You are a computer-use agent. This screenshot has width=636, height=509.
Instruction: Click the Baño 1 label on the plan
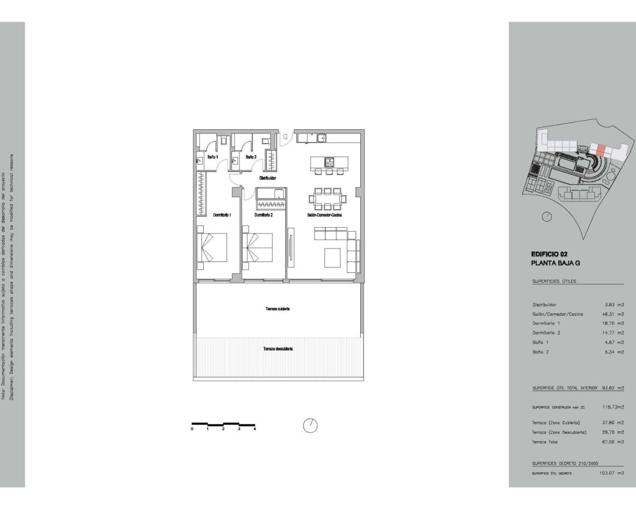pyautogui.click(x=212, y=157)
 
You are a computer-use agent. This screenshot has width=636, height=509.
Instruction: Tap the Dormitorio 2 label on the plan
pyautogui.click(x=263, y=215)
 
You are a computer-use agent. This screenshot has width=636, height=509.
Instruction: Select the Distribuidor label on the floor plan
pyautogui.click(x=267, y=177)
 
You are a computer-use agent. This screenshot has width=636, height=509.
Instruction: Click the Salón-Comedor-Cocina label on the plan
pyautogui.click(x=323, y=215)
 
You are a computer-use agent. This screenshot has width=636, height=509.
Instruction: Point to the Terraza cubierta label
pyautogui.click(x=277, y=309)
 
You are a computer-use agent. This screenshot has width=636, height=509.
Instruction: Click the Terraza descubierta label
pyautogui.click(x=278, y=349)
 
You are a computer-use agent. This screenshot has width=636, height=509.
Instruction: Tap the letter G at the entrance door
pyautogui.click(x=285, y=137)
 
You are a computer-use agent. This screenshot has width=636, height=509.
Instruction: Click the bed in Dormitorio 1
pyautogui.click(x=212, y=247)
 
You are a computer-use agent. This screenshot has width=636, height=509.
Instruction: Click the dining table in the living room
pyautogui.click(x=326, y=199)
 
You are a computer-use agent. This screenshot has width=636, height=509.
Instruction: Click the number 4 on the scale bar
pyautogui.click(x=254, y=428)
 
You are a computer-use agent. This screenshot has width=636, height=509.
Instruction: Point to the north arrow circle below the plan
pyautogui.click(x=310, y=425)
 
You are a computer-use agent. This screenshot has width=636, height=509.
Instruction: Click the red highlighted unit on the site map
pyautogui.click(x=601, y=150)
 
